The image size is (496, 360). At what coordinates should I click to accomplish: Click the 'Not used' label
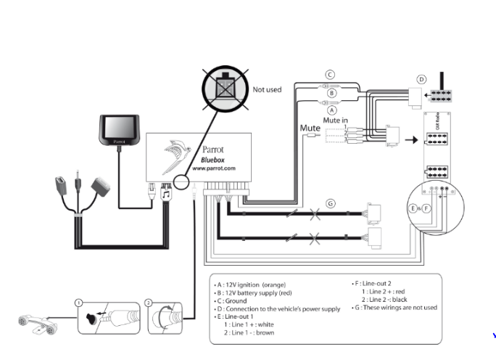266,89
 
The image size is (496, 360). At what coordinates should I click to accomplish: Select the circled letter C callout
330,74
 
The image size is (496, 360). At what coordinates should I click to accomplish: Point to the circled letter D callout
421,79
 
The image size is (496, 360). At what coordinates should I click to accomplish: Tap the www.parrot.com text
214,168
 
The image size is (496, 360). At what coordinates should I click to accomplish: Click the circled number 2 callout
148,302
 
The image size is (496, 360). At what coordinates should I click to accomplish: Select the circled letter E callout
413,208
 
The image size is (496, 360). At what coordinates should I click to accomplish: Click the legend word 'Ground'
241,300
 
